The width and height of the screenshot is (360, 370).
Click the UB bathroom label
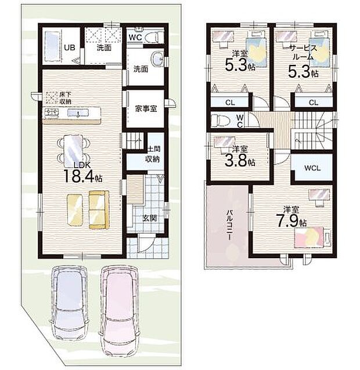click(x=69, y=48)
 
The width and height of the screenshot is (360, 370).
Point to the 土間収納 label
click(x=153, y=154)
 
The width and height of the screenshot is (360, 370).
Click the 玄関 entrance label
click(x=149, y=218)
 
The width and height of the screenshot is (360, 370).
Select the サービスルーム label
click(x=302, y=54)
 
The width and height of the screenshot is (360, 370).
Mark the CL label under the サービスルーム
click(x=313, y=103)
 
